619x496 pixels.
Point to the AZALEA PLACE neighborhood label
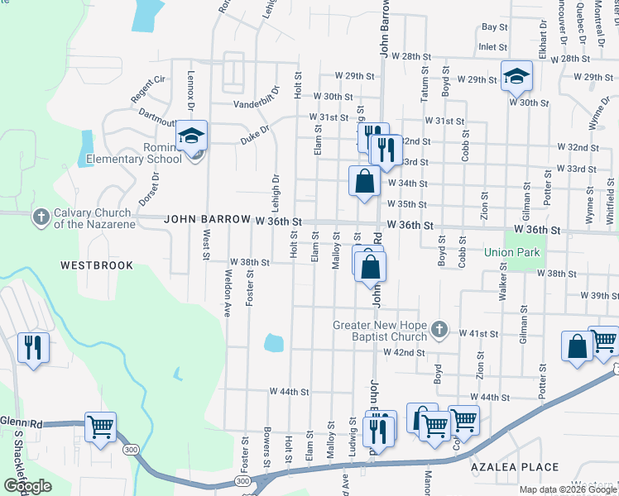click(x=515, y=467)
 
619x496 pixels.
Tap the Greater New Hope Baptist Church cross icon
click(x=439, y=331)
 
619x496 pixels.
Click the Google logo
click(x=27, y=486)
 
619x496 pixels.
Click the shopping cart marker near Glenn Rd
click(x=101, y=427)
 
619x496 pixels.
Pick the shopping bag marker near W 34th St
click(x=364, y=179)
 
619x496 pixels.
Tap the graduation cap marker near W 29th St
click(x=517, y=77)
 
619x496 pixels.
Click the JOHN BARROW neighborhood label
click(x=207, y=220)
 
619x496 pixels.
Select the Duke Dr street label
click(x=255, y=130)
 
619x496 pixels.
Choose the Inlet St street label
click(x=492, y=47)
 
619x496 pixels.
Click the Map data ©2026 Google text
click(x=567, y=489)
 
